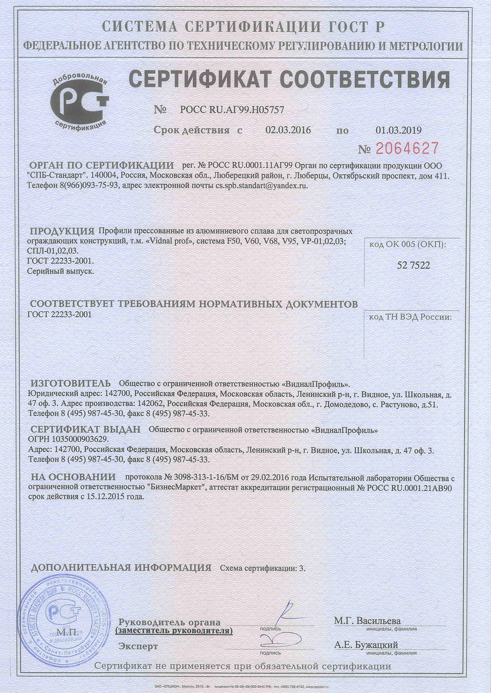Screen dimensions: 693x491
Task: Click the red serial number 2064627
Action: tap(407, 148)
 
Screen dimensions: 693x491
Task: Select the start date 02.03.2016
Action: tap(288, 130)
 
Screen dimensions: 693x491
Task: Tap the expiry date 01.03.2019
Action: tap(398, 130)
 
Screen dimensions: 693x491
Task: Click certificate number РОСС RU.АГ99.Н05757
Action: tap(232, 110)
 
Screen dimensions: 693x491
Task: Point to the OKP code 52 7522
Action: tap(413, 266)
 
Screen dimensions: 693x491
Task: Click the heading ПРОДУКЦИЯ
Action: tap(62, 231)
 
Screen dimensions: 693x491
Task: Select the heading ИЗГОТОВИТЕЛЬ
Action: tap(71, 383)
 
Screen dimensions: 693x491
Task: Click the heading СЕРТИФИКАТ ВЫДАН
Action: tap(85, 429)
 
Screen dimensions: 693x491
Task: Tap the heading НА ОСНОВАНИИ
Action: tap(73, 477)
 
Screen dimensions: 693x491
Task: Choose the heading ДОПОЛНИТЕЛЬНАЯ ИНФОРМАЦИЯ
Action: tap(121, 568)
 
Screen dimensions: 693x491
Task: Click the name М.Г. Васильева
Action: tap(367, 621)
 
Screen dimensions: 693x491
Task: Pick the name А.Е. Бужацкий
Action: tap(366, 645)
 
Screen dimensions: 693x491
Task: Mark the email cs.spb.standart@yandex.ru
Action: tap(262, 186)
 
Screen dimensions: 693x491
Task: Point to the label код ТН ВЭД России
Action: tap(410, 317)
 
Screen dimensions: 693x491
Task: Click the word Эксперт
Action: tap(138, 646)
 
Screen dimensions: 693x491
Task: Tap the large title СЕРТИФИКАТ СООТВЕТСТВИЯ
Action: tap(289, 79)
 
